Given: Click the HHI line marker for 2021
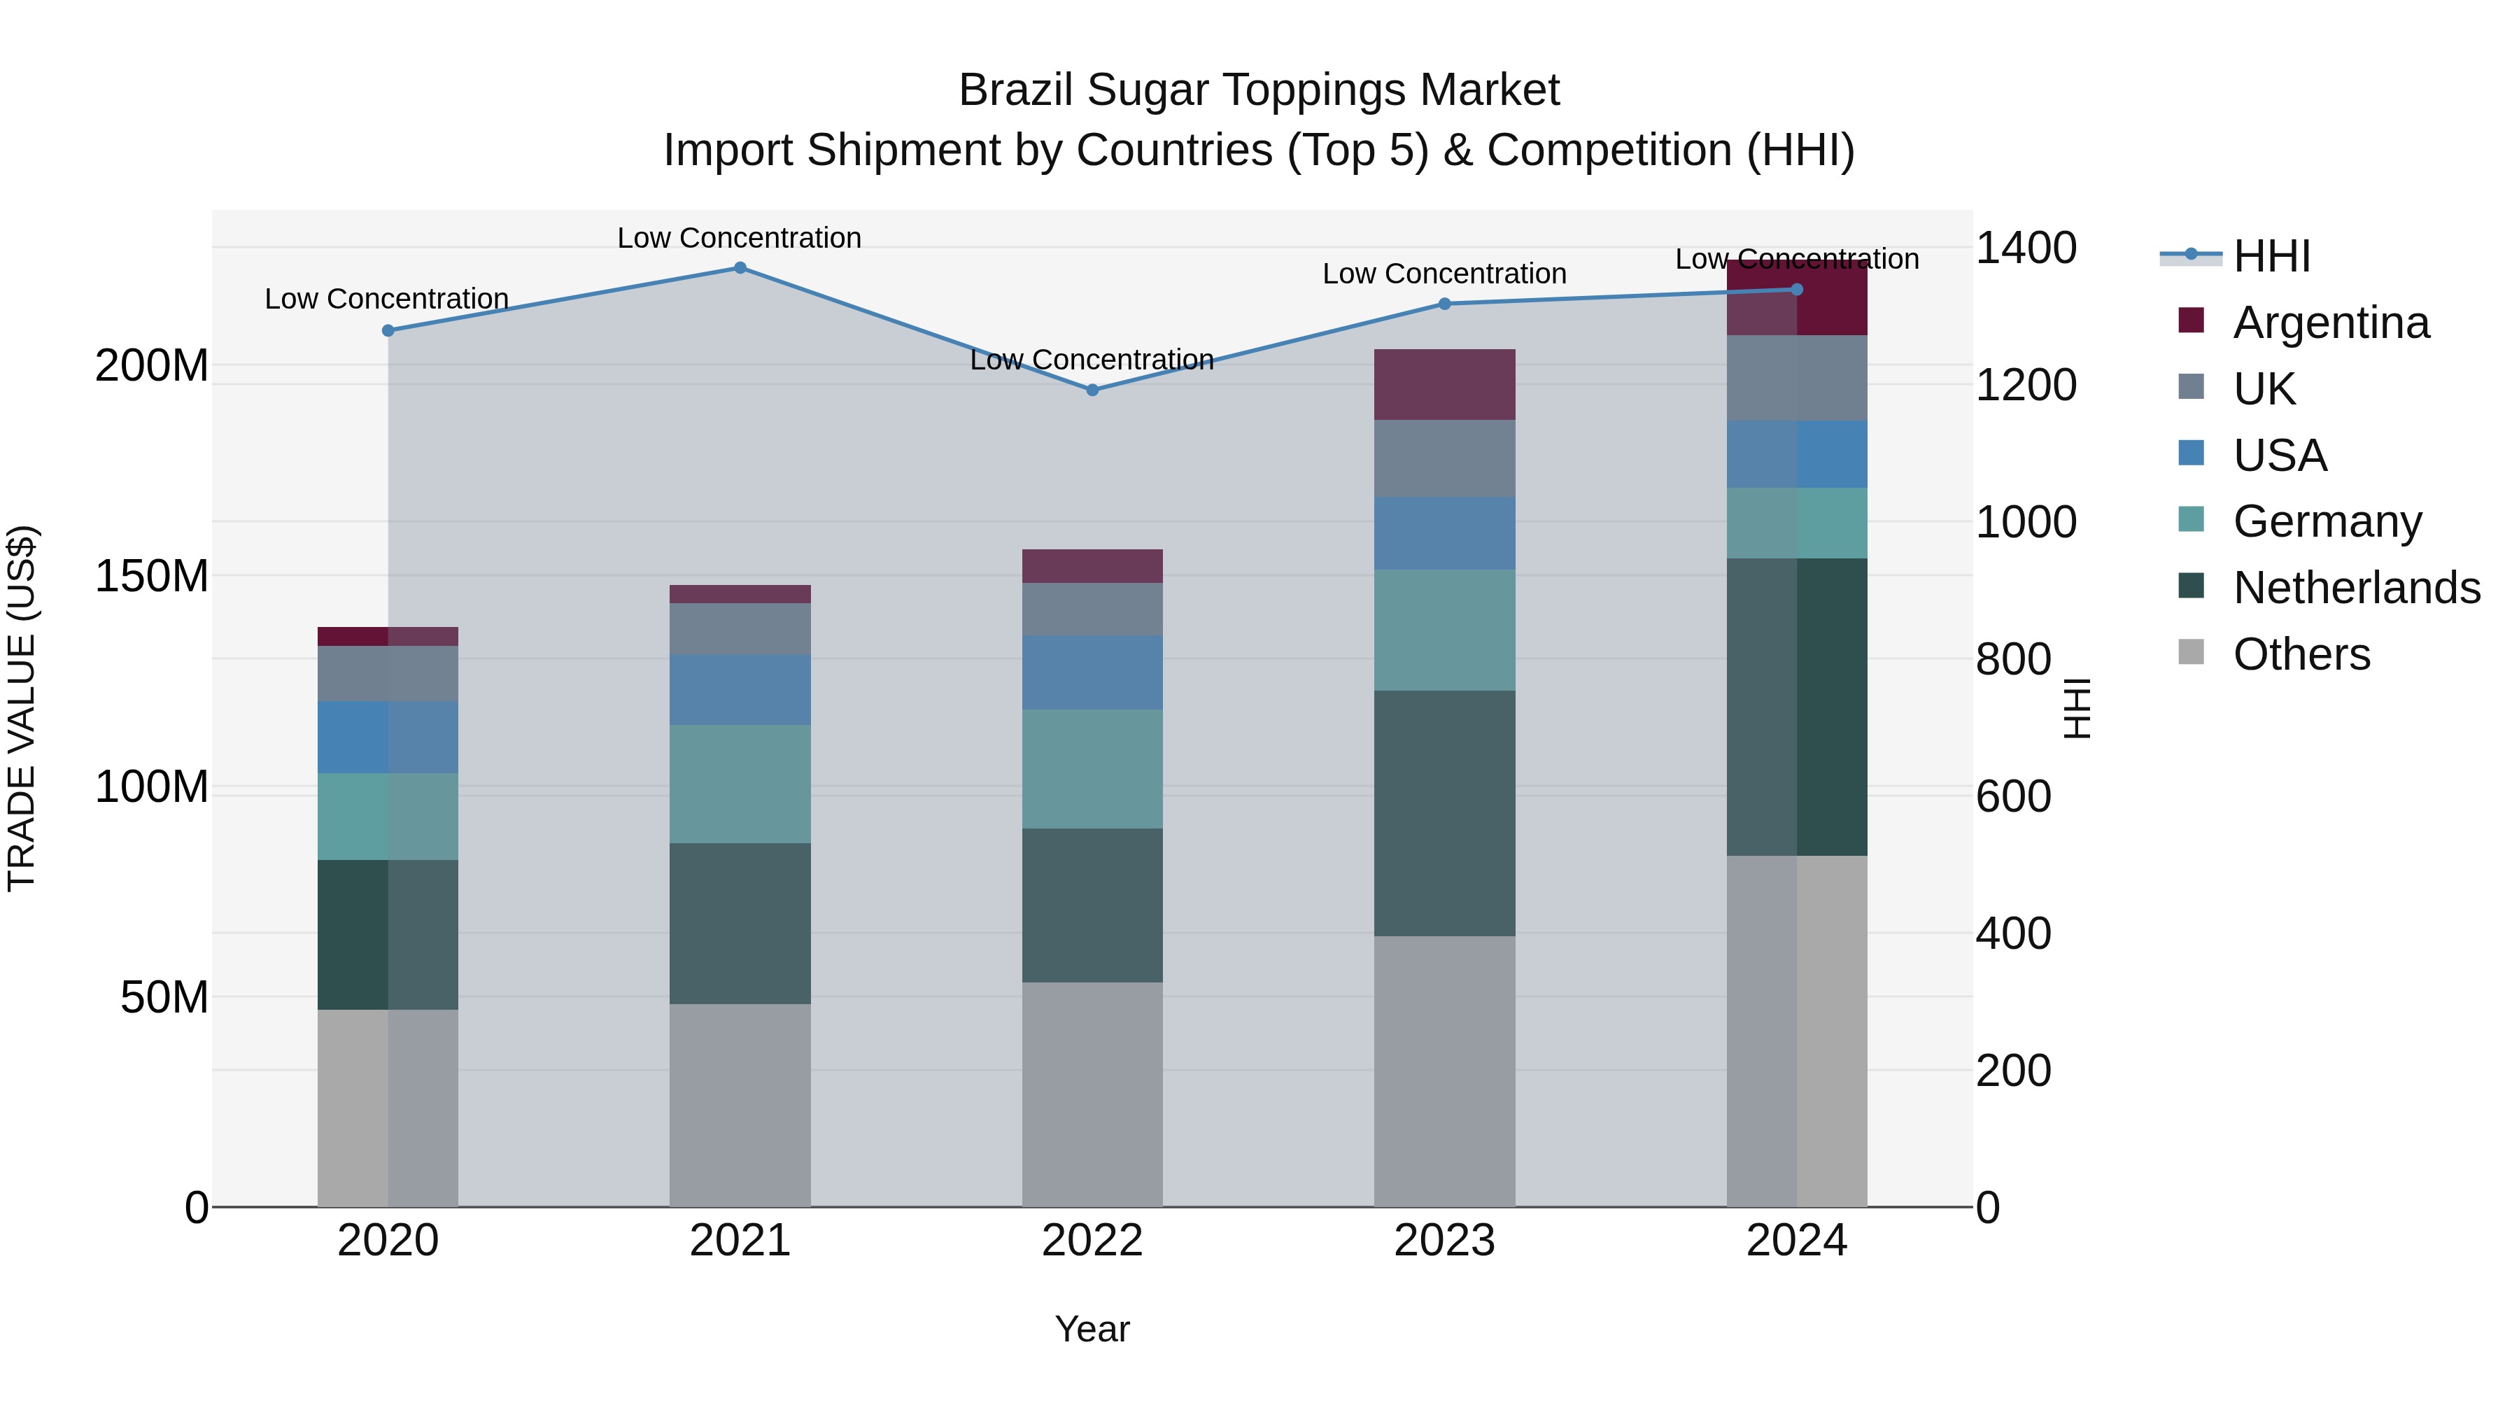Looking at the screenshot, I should (x=740, y=268).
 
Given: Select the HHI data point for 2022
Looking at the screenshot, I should (x=1092, y=390).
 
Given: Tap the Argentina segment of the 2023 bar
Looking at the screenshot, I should (x=1444, y=384).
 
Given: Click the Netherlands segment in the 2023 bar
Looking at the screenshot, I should (x=1444, y=814).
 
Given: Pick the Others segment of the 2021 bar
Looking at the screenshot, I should (x=740, y=1105).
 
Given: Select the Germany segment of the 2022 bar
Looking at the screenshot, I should (x=1092, y=770).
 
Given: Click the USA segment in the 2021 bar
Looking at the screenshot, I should (x=740, y=689).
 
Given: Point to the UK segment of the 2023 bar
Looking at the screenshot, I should (x=1444, y=458).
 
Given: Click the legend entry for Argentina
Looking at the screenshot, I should (x=2330, y=323).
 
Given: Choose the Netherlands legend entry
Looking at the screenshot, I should (x=2356, y=588).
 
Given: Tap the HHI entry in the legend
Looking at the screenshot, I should (x=2271, y=256).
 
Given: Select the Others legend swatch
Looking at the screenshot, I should (x=2192, y=652).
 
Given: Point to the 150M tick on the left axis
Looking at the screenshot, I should (x=152, y=576).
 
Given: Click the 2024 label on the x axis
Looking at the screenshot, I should (x=1796, y=1241).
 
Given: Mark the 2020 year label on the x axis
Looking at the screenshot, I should (x=388, y=1241).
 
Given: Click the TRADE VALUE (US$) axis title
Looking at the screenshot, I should (x=22, y=708).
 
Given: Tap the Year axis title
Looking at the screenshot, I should (x=1092, y=1329).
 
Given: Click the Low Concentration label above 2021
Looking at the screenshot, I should (x=740, y=238).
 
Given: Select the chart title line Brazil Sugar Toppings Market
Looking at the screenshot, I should (x=1259, y=90).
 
